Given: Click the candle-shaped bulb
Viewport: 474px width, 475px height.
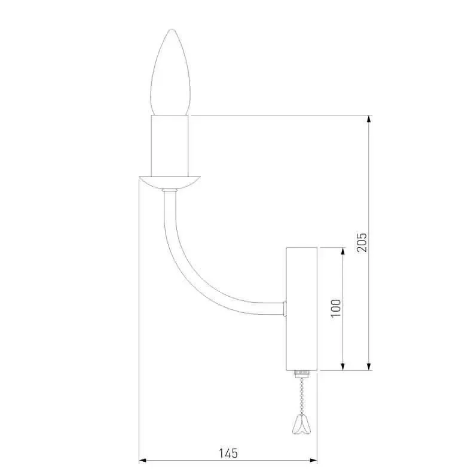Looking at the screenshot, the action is [x=170, y=73].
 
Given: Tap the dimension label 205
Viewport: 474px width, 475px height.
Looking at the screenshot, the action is [x=362, y=242].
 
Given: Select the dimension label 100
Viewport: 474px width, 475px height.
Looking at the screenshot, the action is [x=336, y=308].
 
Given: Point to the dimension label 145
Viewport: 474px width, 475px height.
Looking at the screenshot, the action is [x=228, y=453].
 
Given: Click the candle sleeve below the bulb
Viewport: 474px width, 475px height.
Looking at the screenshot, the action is [x=170, y=146].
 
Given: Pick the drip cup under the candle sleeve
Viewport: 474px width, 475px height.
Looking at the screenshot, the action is [x=169, y=183].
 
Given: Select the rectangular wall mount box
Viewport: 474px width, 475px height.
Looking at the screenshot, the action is [x=301, y=309].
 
